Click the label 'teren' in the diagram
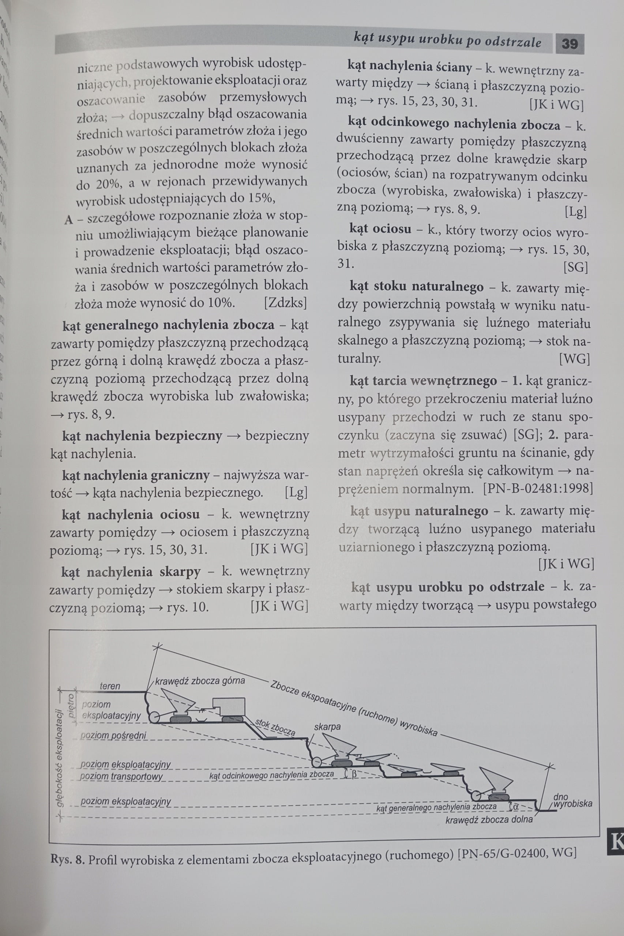click(110, 686)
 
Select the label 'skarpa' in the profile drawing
click(327, 727)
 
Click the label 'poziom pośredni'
click(113, 736)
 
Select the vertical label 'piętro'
click(71, 705)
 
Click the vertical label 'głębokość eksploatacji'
click(60, 752)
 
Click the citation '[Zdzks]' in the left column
click(286, 303)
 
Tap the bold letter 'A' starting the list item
click(69, 220)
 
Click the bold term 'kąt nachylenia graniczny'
click(136, 475)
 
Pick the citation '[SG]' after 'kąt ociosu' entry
click(575, 267)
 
